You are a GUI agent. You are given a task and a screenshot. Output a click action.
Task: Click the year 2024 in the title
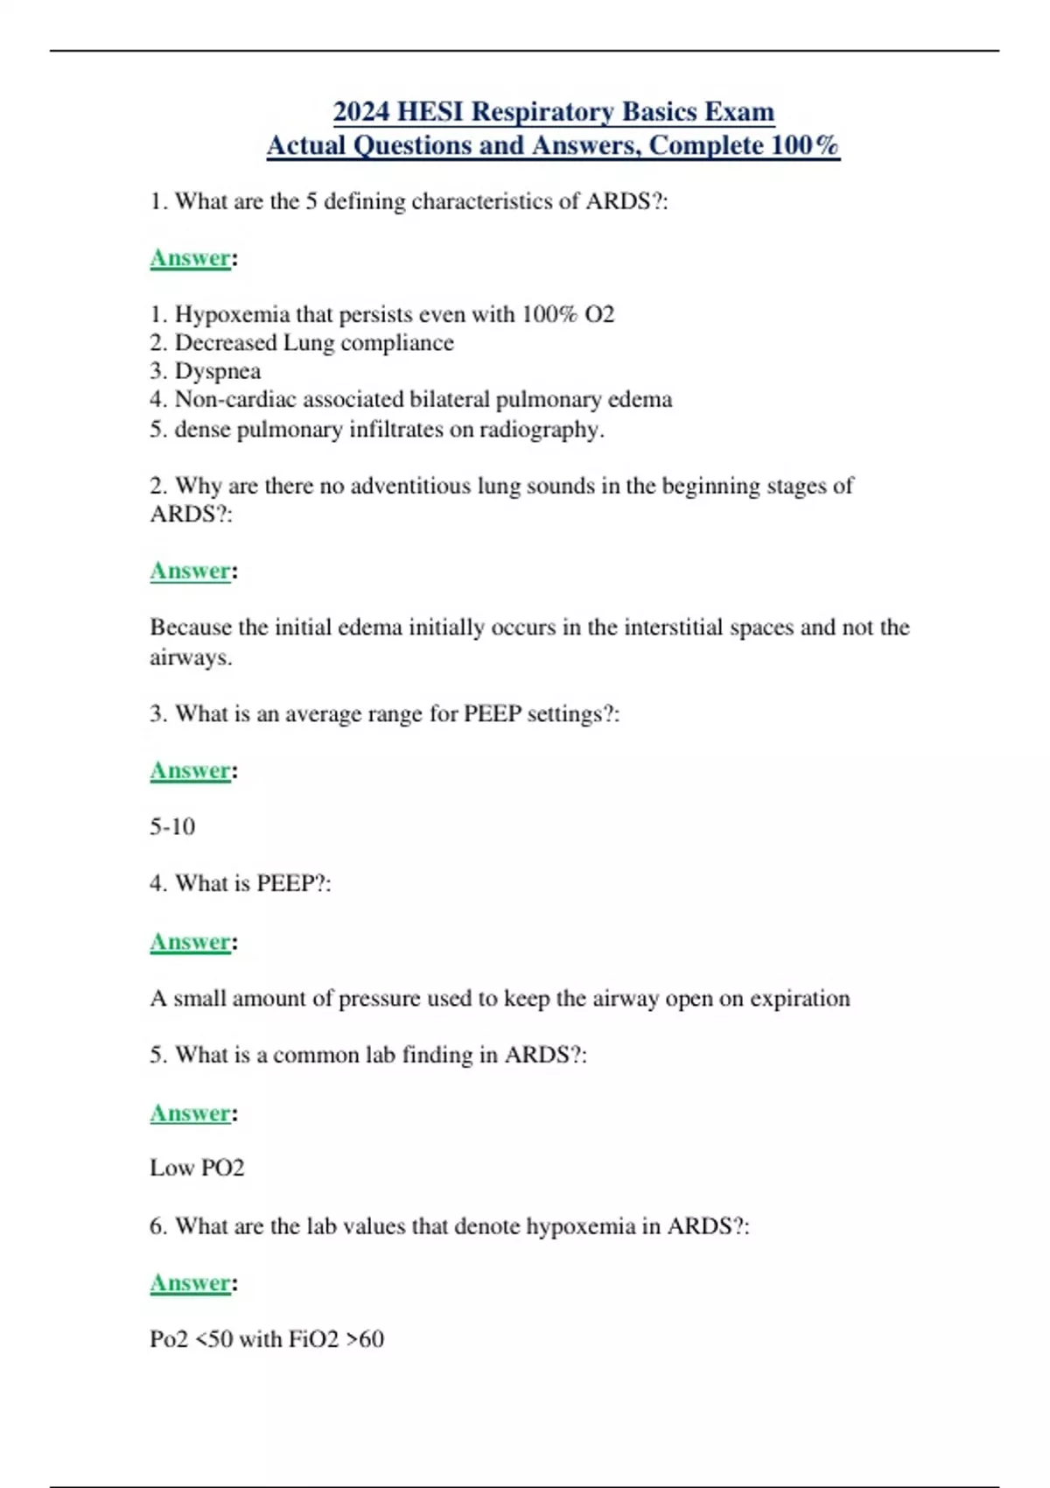[x=361, y=112]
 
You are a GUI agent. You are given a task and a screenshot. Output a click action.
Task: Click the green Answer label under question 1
[x=190, y=258]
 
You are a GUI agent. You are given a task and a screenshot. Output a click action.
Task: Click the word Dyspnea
[x=218, y=371]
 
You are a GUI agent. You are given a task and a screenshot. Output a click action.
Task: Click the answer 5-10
[x=172, y=826]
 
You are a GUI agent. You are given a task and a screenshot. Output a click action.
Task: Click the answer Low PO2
[x=197, y=1169]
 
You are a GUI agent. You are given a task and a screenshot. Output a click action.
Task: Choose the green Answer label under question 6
[x=190, y=1283]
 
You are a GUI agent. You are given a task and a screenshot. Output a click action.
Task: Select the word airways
[x=190, y=657]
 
